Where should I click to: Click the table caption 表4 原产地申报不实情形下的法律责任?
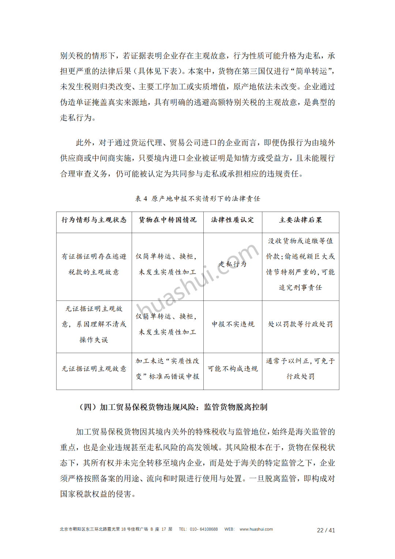[x=197, y=199]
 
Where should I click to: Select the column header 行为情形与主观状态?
[x=94, y=220]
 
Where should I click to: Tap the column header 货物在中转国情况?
[x=168, y=220]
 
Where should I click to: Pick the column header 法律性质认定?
[x=233, y=220]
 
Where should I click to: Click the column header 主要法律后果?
[x=301, y=220]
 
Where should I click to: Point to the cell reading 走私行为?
[x=233, y=264]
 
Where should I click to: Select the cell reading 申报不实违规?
[x=233, y=324]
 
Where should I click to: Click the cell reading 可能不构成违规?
[x=233, y=369]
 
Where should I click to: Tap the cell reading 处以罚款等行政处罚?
[x=301, y=324]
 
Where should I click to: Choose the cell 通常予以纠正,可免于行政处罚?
[x=301, y=369]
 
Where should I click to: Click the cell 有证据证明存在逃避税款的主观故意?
[x=94, y=264]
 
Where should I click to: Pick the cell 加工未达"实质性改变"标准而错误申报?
[x=168, y=369]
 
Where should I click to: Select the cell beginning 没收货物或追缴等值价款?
[x=301, y=264]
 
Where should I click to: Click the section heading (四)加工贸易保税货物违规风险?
[x=173, y=407]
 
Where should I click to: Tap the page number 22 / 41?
[x=326, y=530]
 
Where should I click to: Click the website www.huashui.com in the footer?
[x=256, y=529]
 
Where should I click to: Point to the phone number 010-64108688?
[x=204, y=529]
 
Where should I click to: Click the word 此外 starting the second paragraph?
[x=83, y=143]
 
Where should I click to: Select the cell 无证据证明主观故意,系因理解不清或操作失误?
[x=94, y=324]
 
